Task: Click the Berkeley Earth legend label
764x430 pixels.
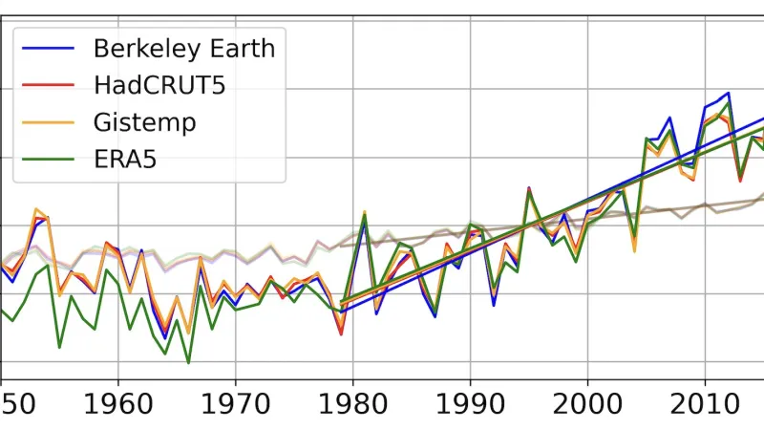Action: click(x=183, y=47)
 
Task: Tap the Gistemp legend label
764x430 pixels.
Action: click(x=145, y=122)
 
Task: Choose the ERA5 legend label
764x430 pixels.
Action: click(x=124, y=160)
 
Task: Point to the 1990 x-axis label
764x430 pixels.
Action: click(x=470, y=401)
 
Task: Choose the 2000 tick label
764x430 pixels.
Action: click(x=587, y=401)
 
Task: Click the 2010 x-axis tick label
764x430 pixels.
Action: click(x=705, y=401)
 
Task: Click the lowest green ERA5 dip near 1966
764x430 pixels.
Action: click(x=188, y=363)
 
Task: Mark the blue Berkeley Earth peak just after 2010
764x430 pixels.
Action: click(x=729, y=94)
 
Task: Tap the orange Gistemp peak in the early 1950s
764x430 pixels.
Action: click(x=35, y=208)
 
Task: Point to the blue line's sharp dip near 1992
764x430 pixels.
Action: click(x=494, y=305)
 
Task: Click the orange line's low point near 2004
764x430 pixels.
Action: click(x=634, y=250)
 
